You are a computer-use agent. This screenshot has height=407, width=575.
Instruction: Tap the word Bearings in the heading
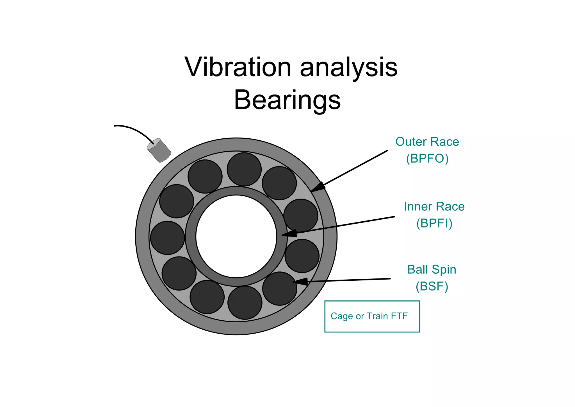[287, 100]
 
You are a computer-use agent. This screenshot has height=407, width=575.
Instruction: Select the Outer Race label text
[427, 142]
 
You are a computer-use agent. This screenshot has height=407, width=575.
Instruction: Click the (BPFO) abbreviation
[427, 159]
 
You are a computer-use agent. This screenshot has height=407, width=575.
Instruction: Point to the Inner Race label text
[434, 206]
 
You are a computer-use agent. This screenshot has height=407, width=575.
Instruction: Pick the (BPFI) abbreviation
[434, 223]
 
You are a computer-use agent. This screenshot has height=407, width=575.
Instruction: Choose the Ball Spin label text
[432, 269]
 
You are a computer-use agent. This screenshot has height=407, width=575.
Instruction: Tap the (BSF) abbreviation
[432, 286]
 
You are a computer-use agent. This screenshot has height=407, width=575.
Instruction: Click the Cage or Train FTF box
[372, 316]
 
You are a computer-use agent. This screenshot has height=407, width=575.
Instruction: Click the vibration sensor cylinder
[159, 150]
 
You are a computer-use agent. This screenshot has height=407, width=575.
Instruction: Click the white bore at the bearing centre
[236, 236]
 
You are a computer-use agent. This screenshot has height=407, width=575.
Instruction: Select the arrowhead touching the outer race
[318, 187]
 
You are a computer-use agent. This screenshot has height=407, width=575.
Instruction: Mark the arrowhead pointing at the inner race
[289, 233]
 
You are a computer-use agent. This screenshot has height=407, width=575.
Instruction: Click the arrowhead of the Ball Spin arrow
[300, 281]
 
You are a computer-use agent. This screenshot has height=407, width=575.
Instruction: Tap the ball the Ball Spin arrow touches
[279, 289]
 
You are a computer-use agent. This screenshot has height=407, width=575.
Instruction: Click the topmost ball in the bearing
[244, 169]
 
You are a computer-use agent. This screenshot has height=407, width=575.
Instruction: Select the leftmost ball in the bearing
[167, 238]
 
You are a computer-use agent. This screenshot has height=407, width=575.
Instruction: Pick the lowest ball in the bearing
[245, 303]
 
